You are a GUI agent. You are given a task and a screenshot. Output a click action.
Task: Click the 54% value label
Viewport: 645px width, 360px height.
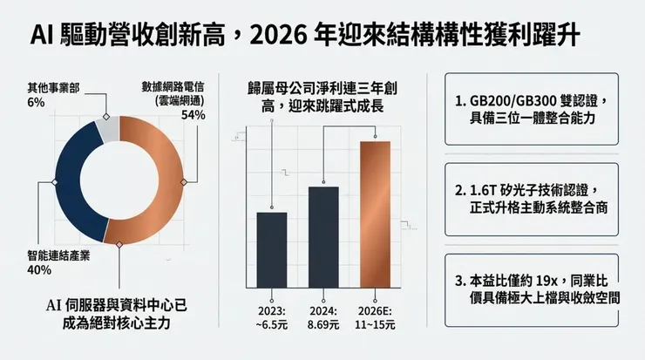click(x=193, y=115)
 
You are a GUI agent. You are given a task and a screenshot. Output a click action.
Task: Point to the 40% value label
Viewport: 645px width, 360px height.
click(x=40, y=270)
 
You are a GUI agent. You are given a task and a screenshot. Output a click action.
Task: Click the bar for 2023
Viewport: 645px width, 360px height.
click(x=272, y=249)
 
